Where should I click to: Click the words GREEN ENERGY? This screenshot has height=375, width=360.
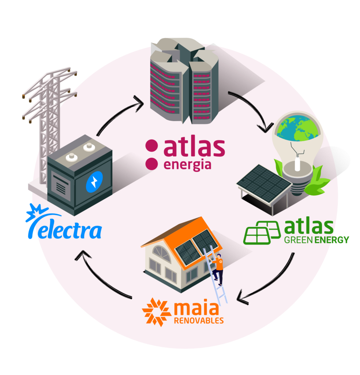[317, 240]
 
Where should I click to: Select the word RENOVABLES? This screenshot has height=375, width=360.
[199, 321]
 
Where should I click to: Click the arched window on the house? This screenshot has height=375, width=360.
[161, 253]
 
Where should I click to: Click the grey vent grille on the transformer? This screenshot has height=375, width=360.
[60, 187]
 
